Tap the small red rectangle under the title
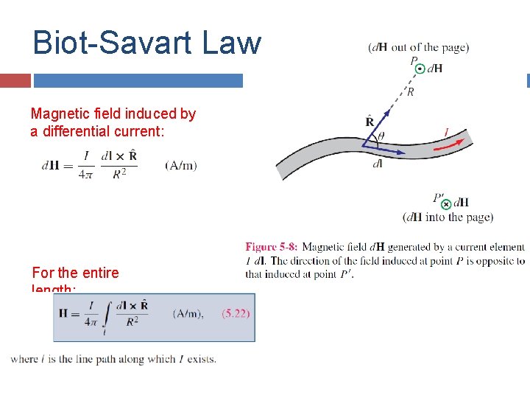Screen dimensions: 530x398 [15, 80]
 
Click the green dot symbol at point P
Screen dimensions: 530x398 [420, 69]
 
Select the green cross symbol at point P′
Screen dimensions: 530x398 [446, 204]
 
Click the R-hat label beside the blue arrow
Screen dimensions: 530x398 [370, 121]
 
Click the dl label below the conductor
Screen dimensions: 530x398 [377, 164]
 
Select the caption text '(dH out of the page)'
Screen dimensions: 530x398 [418, 47]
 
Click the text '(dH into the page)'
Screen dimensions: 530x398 [448, 217]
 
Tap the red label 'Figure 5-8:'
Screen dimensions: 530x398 [271, 248]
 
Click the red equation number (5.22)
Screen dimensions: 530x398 [236, 313]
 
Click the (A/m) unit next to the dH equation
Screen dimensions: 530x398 [181, 165]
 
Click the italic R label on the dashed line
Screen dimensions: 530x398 [410, 92]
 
